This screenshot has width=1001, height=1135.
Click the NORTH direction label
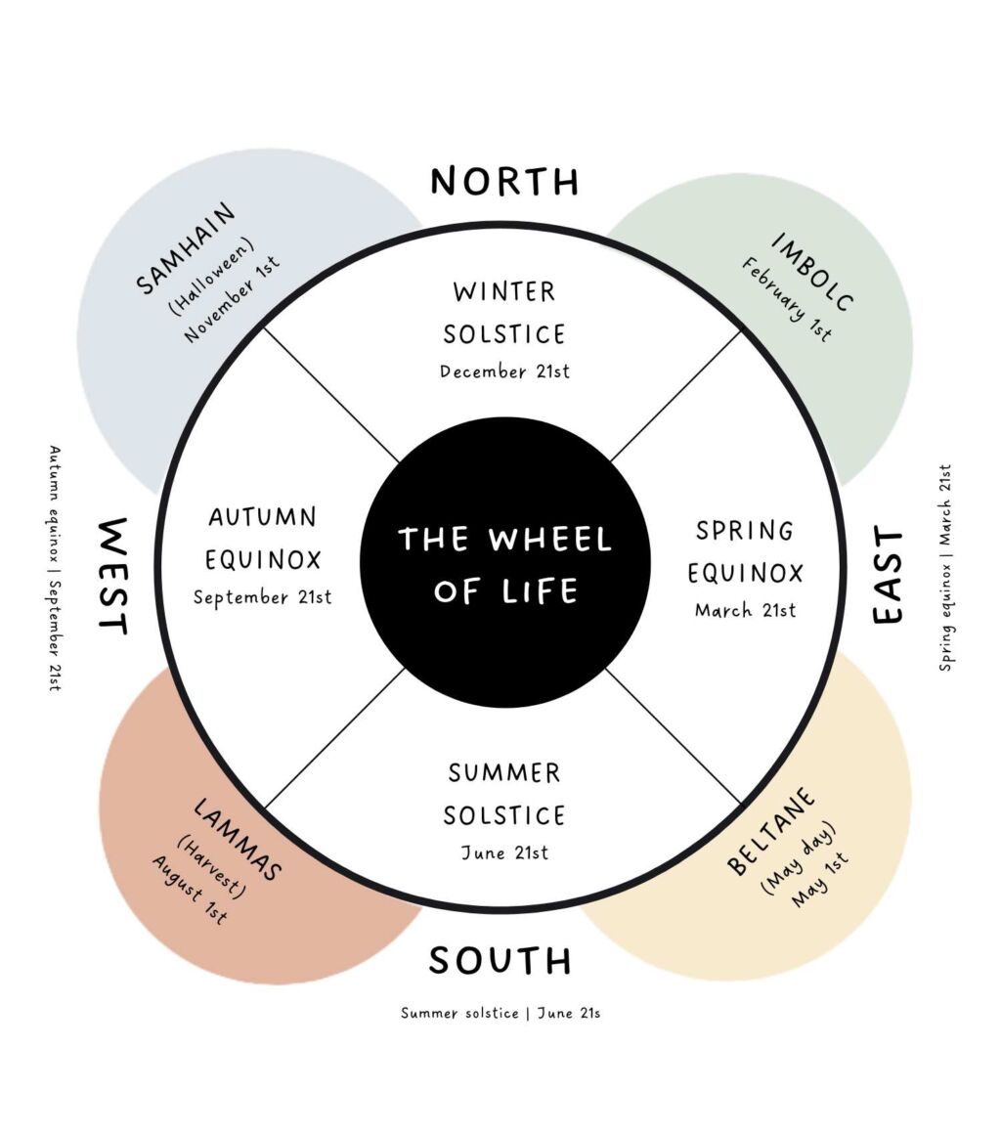(x=504, y=182)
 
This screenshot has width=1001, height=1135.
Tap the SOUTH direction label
(x=500, y=960)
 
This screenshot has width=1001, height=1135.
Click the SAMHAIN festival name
(x=186, y=247)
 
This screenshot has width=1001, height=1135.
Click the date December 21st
(x=504, y=371)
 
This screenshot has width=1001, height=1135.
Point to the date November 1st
(x=233, y=299)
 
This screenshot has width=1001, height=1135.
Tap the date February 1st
(x=787, y=299)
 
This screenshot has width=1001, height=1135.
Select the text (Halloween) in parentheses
(x=211, y=277)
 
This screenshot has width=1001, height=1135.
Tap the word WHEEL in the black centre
(x=549, y=539)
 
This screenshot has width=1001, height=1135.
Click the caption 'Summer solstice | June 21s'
(x=500, y=1013)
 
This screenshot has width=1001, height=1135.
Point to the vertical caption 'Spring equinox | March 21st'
(x=945, y=567)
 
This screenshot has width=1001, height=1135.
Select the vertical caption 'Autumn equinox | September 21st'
(x=55, y=568)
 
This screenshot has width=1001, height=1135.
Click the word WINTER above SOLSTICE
(x=504, y=291)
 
